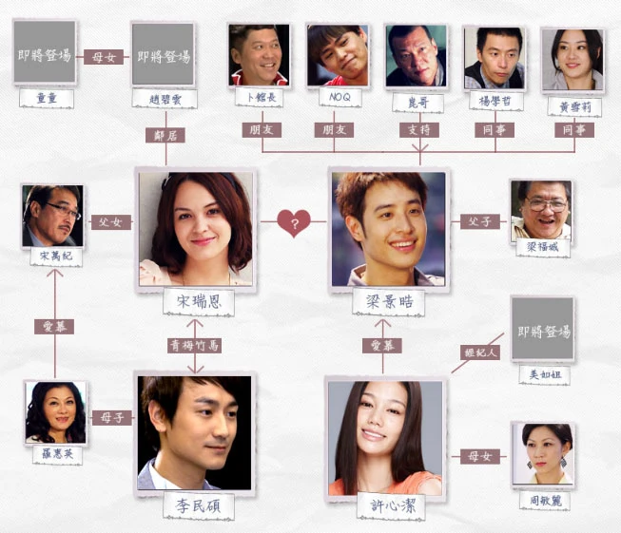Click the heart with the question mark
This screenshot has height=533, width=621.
(294, 224)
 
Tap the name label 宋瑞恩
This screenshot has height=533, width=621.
(195, 301)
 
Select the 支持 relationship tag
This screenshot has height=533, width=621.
(419, 129)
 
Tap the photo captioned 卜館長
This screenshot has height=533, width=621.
(260, 56)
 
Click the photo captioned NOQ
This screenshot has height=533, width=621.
(338, 56)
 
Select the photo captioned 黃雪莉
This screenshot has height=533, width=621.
(572, 57)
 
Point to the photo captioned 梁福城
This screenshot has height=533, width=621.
(540, 211)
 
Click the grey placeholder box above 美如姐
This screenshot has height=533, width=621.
(543, 330)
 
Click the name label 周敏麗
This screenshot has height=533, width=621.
(543, 497)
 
